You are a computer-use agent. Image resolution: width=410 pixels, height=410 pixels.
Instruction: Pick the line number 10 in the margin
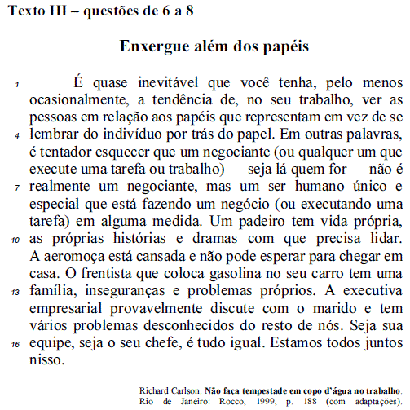click(x=16, y=241)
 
